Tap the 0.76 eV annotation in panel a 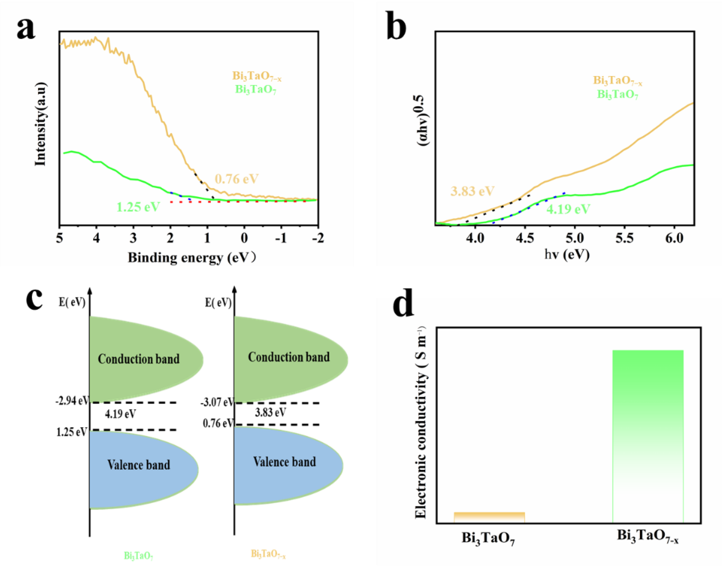[236, 179]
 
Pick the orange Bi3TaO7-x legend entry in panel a [257, 76]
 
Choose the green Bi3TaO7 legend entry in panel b [617, 95]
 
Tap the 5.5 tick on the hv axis [624, 238]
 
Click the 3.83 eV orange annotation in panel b [472, 191]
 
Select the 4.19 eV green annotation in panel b [568, 209]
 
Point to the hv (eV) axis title [567, 255]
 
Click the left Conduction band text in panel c [139, 359]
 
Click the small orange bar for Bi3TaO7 [489, 517]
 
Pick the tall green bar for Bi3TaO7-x [647, 435]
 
